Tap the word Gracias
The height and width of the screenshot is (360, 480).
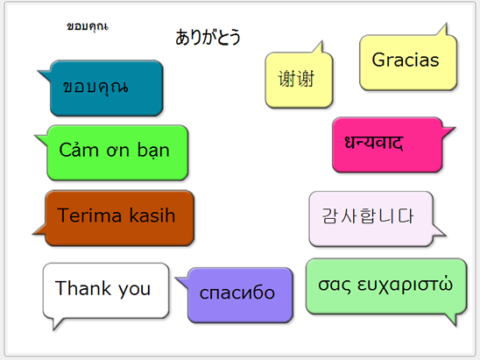pos(406,60)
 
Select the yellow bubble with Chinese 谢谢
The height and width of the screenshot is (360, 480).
pos(289,79)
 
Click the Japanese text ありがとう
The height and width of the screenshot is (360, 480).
pos(208,37)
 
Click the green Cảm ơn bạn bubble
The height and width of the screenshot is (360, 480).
pos(116,152)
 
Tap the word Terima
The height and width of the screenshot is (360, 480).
pos(89,215)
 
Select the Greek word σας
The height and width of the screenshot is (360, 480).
pos(331,286)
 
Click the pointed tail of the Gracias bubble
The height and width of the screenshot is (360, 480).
pos(450,31)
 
